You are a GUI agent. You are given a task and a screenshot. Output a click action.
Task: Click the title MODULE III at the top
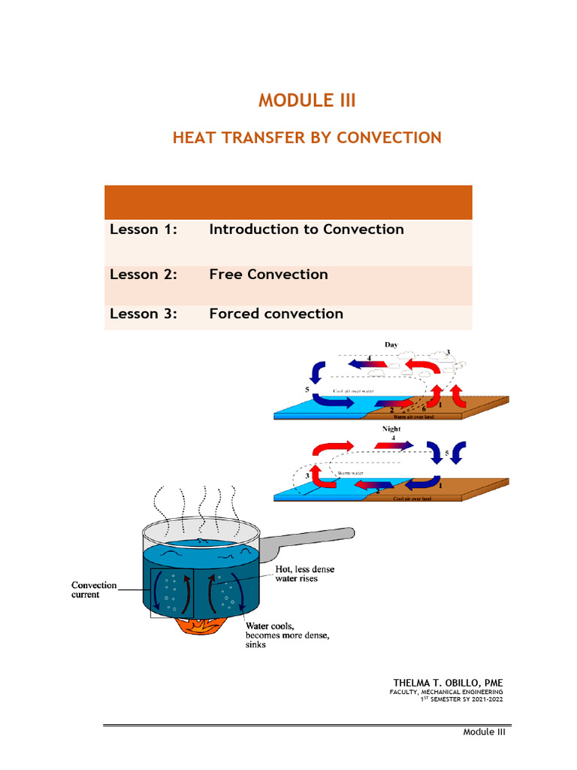coord(307,101)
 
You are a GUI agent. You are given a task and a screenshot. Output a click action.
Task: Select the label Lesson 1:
coord(143,229)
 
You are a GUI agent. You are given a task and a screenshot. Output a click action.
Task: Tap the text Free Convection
coord(268,274)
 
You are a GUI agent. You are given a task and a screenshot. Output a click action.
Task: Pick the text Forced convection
coord(276,314)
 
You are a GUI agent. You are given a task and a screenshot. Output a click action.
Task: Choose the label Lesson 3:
coord(143,314)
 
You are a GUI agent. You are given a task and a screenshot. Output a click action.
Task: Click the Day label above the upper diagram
coord(391,344)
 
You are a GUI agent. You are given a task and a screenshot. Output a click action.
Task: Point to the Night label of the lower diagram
coord(391,429)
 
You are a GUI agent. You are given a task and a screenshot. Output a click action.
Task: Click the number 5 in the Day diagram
coord(307,390)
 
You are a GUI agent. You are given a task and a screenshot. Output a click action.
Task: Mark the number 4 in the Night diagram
coord(394,437)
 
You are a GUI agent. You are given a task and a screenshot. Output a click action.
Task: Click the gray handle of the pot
coord(308,541)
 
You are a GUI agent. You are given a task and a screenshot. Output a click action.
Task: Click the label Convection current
coord(94,590)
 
